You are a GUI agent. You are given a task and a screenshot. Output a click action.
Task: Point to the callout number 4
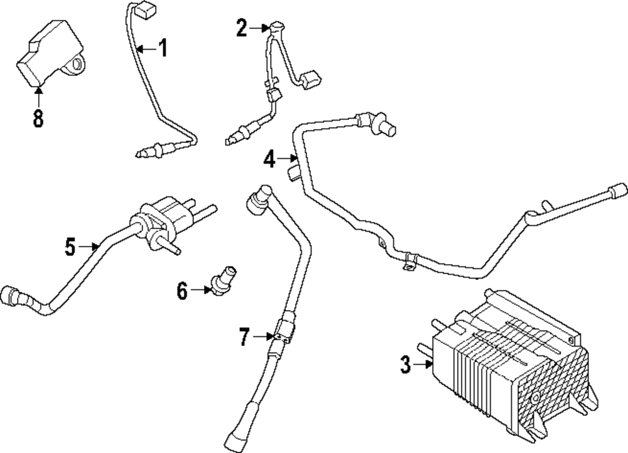269,159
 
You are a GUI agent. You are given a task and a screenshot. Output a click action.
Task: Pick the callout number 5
70,247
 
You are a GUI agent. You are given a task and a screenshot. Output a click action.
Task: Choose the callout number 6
182,290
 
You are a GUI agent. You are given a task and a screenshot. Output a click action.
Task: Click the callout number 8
38,117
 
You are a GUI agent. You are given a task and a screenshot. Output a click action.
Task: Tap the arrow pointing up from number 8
38,95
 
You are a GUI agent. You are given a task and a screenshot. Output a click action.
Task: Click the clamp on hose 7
281,332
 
